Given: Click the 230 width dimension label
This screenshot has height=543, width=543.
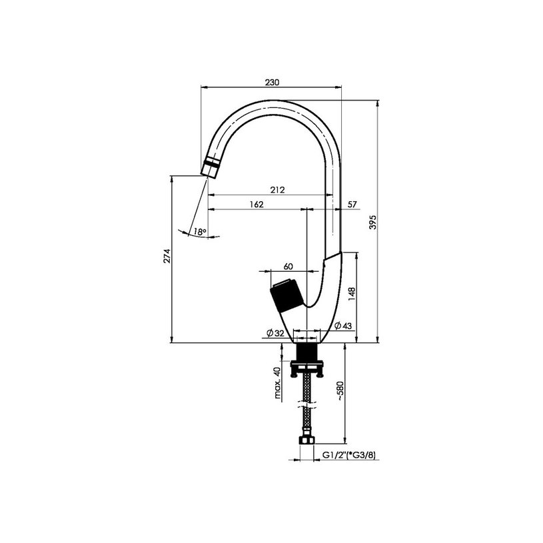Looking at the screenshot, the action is [272, 83].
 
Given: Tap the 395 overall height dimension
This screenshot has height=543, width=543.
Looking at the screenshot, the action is [372, 222].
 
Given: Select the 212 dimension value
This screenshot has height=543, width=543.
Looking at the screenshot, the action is [277, 190].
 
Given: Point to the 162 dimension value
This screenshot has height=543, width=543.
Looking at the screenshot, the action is [257, 205].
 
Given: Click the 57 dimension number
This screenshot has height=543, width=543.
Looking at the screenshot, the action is [352, 205].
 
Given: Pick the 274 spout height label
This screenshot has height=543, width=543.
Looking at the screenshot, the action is [167, 256].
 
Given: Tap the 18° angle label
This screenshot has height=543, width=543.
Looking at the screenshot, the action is [200, 232].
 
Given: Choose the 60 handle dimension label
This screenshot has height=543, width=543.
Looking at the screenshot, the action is [288, 267].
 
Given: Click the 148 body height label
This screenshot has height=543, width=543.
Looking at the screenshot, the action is [352, 294].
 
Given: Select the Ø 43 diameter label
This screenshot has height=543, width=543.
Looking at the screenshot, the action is [343, 326].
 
